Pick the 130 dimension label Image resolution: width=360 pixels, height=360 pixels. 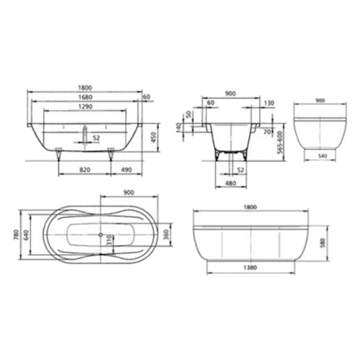[268, 103]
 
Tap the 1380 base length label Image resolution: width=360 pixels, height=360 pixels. [250, 269]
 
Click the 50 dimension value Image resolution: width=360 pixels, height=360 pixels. [189, 115]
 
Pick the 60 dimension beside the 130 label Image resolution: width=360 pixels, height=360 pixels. [212, 103]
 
